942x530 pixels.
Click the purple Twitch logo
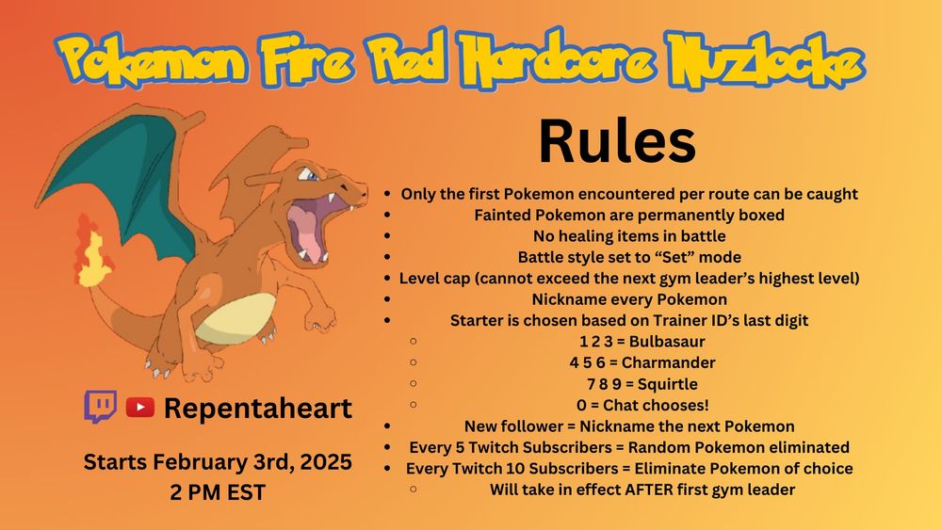point(101,407)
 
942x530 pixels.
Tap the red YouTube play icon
point(140,408)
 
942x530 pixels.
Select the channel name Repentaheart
point(258,409)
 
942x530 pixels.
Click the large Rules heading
point(617,141)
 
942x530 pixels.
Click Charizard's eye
point(310,175)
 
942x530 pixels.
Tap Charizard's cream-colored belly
point(235,319)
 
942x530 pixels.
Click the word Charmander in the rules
point(669,362)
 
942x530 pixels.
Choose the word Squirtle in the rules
point(668,384)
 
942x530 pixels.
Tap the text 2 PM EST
point(218,492)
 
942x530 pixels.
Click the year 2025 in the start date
point(326,462)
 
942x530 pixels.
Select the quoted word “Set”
point(674,258)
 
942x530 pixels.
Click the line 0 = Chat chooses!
point(642,405)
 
